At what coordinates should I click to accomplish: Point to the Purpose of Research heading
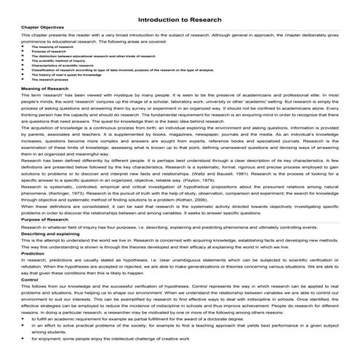pyautogui.click(x=28, y=239)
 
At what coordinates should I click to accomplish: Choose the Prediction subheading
pyautogui.click(x=18, y=273)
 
